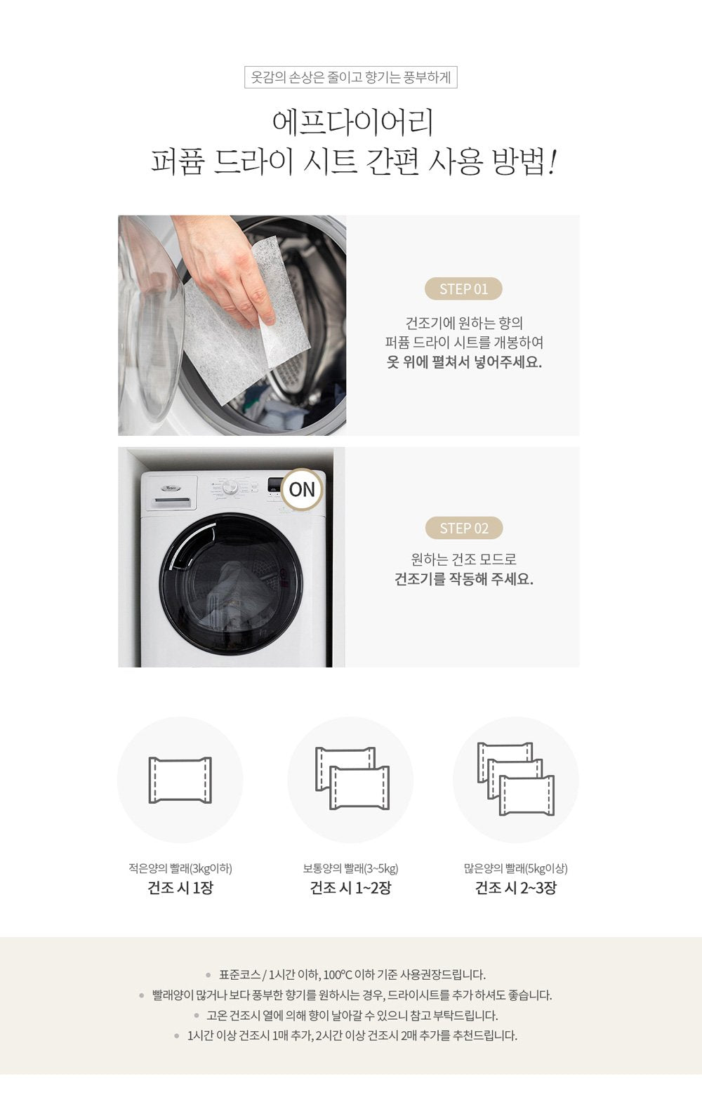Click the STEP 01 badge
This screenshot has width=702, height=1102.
coord(463,288)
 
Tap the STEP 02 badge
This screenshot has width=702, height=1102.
coord(464,529)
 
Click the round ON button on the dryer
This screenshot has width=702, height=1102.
coord(302,489)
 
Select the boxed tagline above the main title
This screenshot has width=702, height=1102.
coord(351,77)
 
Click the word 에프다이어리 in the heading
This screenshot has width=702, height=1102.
coord(352,123)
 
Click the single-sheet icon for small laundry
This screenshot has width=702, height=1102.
coord(180,781)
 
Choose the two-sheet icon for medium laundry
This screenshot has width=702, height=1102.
coord(352,778)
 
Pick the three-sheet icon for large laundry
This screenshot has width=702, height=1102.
coord(515,779)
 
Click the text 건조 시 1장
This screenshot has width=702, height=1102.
coord(180,887)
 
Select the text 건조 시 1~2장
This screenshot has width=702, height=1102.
coord(350,887)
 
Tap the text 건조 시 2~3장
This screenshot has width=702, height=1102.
coord(515,887)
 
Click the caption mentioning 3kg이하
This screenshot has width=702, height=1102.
coord(180,868)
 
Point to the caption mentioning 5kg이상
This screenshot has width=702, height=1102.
coord(515,868)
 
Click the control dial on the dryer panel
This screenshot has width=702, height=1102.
coord(230,488)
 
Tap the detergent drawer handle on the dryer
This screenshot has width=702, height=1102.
coord(172,501)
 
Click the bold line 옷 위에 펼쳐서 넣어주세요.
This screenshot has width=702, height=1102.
coord(463,362)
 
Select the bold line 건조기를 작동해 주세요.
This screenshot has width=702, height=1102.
coord(463,579)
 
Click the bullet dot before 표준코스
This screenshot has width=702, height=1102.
coord(208,975)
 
